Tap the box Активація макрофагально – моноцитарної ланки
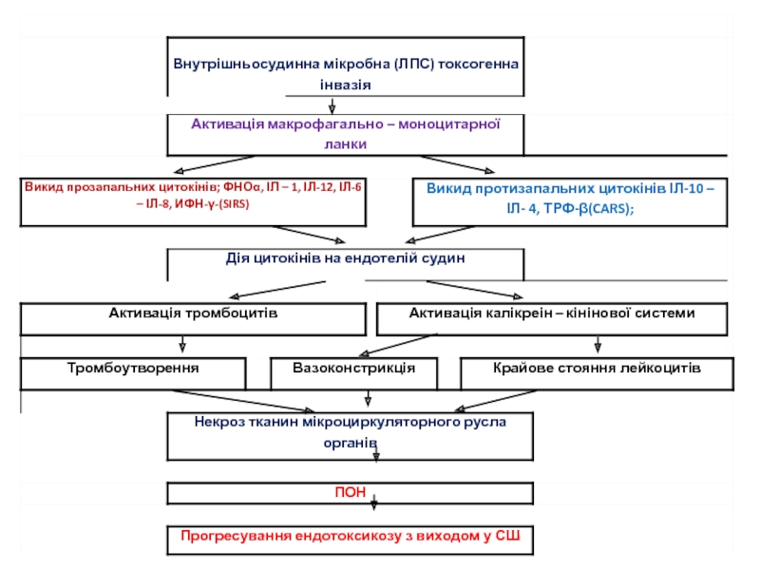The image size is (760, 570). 346,134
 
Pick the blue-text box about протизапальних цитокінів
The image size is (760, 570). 570,200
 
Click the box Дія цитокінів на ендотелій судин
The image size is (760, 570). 345,259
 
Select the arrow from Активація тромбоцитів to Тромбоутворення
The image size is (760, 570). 181,345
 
